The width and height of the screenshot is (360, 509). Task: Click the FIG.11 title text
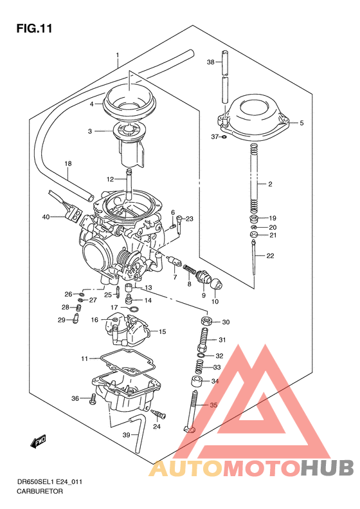[x=33, y=28]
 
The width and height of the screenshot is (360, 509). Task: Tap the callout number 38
[x=210, y=62]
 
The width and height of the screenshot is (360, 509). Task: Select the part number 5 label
[x=301, y=122]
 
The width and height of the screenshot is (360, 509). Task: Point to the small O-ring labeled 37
[x=223, y=137]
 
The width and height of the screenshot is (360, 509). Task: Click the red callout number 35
[x=213, y=405]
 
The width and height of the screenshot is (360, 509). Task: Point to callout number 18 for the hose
[x=67, y=164]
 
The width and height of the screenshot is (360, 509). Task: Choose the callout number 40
[x=46, y=217]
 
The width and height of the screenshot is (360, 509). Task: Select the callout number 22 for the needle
[x=270, y=256]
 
